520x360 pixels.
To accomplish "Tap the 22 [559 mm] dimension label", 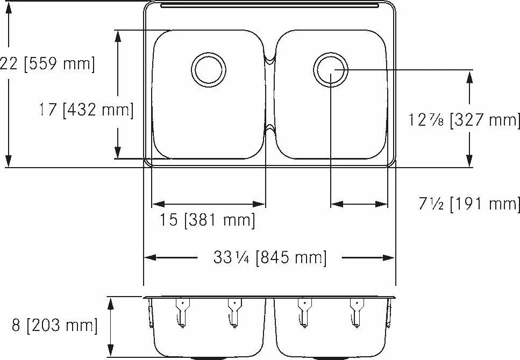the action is pyautogui.click(x=47, y=63).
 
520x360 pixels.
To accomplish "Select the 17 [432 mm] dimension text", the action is pyautogui.click(x=86, y=110).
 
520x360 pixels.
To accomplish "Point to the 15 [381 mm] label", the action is pyautogui.click(x=207, y=219).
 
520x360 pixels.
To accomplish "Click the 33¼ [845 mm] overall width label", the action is pyautogui.click(x=269, y=257).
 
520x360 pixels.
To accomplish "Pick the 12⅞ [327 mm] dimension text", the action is pyautogui.click(x=464, y=120).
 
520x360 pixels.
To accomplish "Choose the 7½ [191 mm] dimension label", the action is pyautogui.click(x=469, y=203).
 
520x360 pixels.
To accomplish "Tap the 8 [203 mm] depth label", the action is pyautogui.click(x=55, y=325).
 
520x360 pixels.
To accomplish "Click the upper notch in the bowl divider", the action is pyautogui.click(x=270, y=60).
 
